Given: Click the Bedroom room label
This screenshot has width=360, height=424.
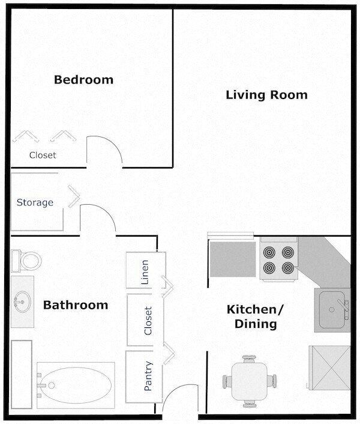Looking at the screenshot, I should [x=83, y=79].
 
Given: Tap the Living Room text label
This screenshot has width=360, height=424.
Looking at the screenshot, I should [x=266, y=95].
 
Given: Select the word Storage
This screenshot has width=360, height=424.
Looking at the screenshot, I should [x=35, y=202].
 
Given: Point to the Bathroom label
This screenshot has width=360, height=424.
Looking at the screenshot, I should [x=76, y=305].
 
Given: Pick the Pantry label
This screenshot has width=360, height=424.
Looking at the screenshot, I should [x=148, y=376].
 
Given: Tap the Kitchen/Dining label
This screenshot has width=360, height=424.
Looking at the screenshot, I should [x=251, y=317].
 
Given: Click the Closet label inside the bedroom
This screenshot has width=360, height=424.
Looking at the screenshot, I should [x=43, y=155].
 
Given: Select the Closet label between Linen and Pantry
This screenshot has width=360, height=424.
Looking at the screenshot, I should [x=148, y=321].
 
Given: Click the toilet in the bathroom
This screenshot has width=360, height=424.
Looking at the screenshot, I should [x=26, y=260].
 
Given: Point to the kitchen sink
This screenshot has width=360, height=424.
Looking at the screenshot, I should [x=331, y=309].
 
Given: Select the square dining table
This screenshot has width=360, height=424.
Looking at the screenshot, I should [x=251, y=381].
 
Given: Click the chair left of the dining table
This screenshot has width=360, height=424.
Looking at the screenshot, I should [x=229, y=381].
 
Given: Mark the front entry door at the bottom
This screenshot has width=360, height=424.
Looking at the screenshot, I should [x=179, y=404].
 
